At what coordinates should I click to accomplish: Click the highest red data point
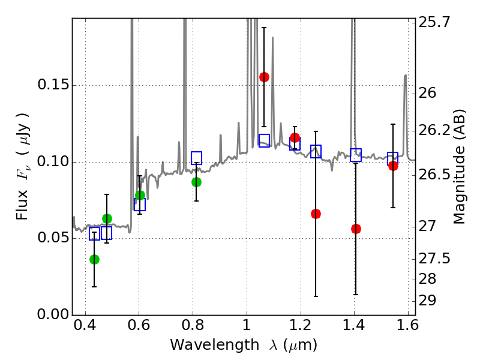(264, 77)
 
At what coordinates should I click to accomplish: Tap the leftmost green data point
(94, 259)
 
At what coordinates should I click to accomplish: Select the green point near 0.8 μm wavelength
(196, 182)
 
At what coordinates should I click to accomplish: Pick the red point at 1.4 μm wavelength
(356, 229)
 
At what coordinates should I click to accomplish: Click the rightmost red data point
(393, 166)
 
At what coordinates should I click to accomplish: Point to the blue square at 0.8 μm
(196, 158)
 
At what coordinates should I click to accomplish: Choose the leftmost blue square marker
(94, 234)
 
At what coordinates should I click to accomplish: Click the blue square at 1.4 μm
(356, 155)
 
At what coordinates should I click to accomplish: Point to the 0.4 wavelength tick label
(85, 328)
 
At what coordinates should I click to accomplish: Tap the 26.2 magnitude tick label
(435, 130)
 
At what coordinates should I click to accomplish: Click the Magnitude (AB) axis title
(460, 166)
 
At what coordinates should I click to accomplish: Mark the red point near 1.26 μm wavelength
(316, 214)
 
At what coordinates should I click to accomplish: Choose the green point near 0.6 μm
(140, 195)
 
